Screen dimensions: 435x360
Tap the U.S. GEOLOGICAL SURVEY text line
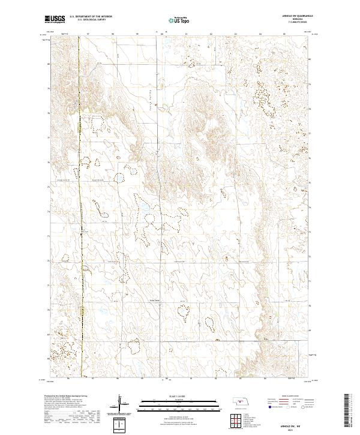[x=90, y=19]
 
